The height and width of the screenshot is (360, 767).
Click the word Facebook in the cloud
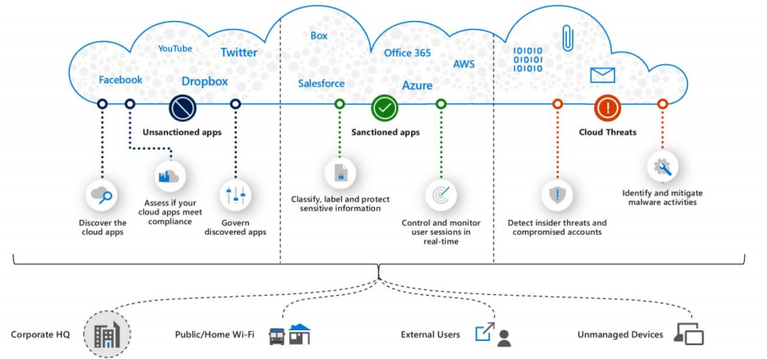[x=120, y=80]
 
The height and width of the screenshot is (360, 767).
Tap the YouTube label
[x=175, y=49]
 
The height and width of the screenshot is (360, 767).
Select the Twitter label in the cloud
[x=239, y=53]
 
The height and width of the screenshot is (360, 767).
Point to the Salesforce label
[x=321, y=83]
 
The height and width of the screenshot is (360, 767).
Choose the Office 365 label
[x=407, y=53]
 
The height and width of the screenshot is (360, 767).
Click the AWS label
[x=464, y=63]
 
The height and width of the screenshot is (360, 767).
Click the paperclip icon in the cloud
[x=568, y=38]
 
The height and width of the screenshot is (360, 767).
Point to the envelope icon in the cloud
[x=603, y=76]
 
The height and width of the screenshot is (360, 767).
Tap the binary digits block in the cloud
[x=528, y=59]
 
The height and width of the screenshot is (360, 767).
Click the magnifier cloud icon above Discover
[x=102, y=195]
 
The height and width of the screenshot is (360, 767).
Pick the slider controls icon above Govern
[x=236, y=195]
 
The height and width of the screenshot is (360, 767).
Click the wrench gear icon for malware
[x=662, y=166]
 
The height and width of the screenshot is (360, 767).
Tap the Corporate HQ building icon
[x=106, y=334]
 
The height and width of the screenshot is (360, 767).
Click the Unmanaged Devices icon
[x=689, y=334]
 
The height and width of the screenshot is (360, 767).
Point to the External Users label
[x=429, y=334]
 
